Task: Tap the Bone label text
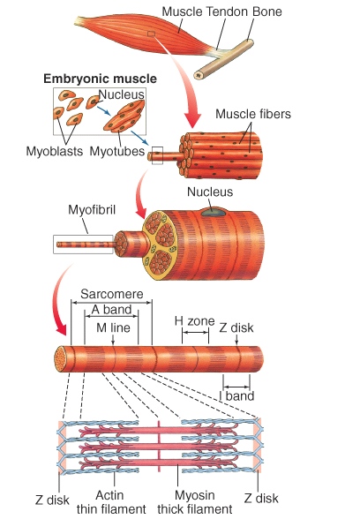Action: point(266,11)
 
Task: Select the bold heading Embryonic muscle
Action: point(100,79)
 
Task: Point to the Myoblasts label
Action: point(55,151)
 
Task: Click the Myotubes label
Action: point(117,151)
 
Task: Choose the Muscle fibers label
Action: point(253,114)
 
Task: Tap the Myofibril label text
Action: point(92,210)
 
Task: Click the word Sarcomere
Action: point(112,294)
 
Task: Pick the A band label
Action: point(111,310)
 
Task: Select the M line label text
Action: point(113,327)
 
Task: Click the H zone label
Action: point(194,320)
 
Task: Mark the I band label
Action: point(236,395)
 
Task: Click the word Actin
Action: point(109,495)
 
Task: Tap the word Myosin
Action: point(194,495)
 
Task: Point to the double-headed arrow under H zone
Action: point(195,332)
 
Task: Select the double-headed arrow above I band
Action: point(236,387)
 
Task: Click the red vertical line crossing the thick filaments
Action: point(159,447)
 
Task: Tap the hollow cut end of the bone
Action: point(199,75)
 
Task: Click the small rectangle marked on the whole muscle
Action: point(151,34)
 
